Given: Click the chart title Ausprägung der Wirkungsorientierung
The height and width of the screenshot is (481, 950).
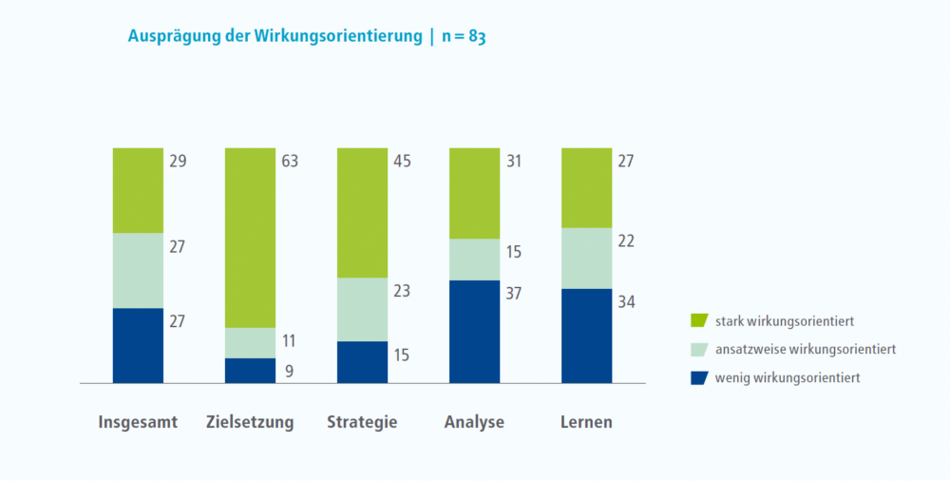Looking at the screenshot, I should tap(275, 37).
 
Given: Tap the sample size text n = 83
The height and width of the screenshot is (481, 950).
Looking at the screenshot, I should tap(464, 37).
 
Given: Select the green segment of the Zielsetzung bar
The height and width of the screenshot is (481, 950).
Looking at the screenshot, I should tap(250, 238).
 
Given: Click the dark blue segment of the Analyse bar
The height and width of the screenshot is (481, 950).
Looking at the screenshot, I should tap(474, 332).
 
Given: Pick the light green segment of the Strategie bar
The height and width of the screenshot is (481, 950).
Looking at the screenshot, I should tap(362, 309).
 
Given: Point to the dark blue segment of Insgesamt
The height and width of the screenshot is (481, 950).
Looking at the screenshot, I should tap(138, 345).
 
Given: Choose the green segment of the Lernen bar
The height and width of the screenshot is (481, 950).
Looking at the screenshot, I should tap(586, 188).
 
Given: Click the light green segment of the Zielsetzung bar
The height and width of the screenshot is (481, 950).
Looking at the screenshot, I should tap(250, 342).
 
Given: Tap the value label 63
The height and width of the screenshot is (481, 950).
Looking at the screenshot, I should tap(290, 161).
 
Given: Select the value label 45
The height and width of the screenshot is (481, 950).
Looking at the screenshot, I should tap(402, 161).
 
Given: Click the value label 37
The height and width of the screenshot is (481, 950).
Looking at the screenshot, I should tap(515, 294).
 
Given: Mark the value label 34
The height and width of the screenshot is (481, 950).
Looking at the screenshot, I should tap(627, 302).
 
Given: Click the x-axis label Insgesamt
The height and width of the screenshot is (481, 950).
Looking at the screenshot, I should tap(138, 422).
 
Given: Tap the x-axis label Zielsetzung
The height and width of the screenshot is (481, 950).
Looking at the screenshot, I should tap(250, 422).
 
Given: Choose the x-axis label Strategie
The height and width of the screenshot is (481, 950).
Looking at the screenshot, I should tap(362, 422).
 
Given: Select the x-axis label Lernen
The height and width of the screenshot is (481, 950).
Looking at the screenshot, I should tap(586, 422).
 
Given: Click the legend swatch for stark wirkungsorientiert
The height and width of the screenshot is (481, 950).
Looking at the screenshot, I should tap(700, 321).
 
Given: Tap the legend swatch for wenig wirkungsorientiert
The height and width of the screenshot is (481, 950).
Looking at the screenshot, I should tap(700, 377).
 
